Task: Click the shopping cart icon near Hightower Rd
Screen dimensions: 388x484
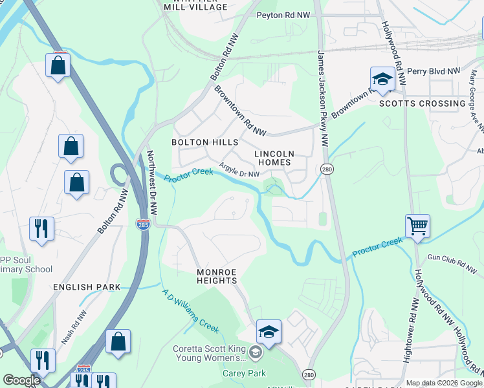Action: pyautogui.click(x=418, y=227)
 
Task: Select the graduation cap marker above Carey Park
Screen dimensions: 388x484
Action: pyautogui.click(x=269, y=332)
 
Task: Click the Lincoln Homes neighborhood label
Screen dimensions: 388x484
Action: pyautogui.click(x=274, y=158)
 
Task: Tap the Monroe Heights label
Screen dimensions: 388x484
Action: pyautogui.click(x=217, y=276)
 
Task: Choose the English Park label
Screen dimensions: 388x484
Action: pyautogui.click(x=87, y=286)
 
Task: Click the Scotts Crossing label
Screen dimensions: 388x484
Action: pyautogui.click(x=422, y=103)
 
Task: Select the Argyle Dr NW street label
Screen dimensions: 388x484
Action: pyautogui.click(x=239, y=171)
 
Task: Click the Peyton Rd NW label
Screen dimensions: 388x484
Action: pyautogui.click(x=283, y=15)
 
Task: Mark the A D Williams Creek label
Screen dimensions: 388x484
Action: pyautogui.click(x=190, y=310)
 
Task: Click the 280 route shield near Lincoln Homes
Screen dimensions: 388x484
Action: pyautogui.click(x=326, y=168)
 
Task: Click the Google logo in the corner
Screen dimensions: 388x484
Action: pyautogui.click(x=21, y=380)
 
